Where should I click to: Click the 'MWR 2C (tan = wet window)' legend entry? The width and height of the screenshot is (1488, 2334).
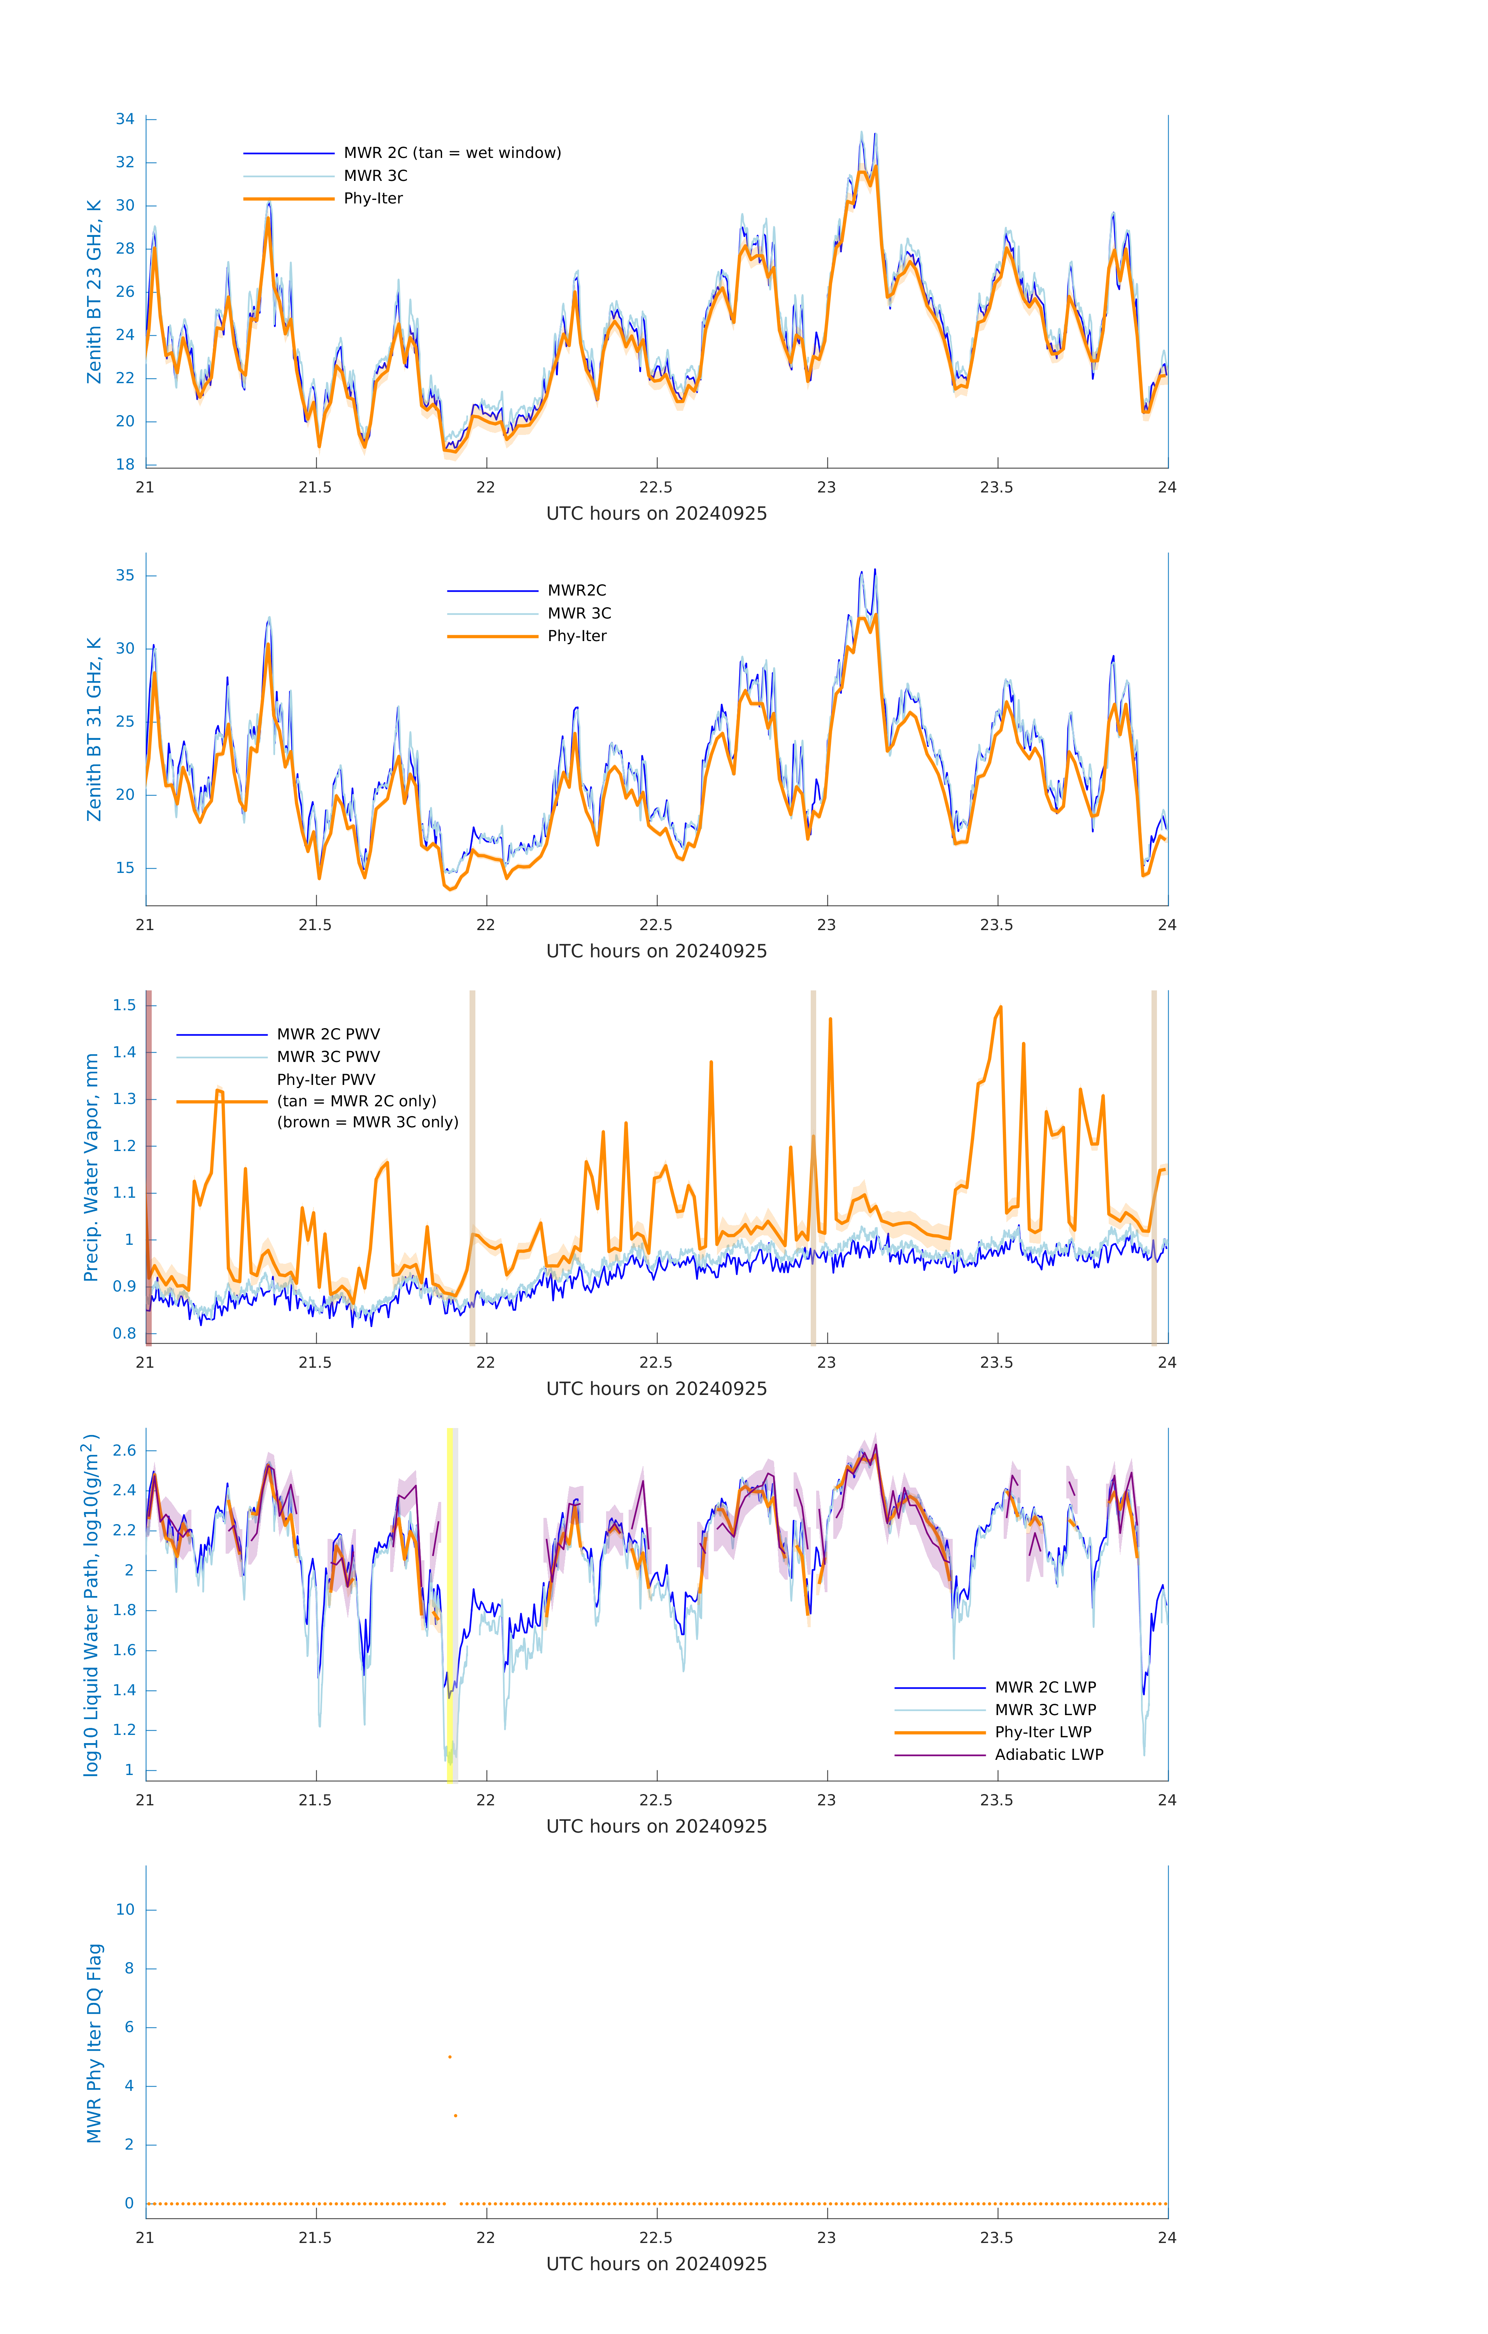[452, 153]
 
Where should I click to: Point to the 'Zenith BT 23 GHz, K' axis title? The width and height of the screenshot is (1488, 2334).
[94, 292]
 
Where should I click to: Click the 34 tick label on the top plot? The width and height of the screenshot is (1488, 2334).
[125, 119]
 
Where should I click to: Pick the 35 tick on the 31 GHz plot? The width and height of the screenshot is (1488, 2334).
[125, 576]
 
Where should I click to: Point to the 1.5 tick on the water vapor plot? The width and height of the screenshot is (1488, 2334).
[124, 1005]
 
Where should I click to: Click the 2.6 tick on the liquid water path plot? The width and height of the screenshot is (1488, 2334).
[124, 1451]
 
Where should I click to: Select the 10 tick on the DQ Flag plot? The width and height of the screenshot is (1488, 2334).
[125, 1910]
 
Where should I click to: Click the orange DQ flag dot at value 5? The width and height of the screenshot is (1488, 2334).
[450, 2057]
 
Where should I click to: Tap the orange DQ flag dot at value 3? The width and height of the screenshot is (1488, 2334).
[456, 2116]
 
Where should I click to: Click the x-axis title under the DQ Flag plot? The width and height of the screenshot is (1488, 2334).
[656, 2264]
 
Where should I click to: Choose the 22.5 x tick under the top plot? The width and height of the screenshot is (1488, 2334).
[656, 487]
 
